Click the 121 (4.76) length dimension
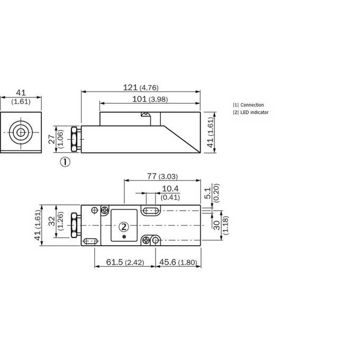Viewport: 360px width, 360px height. (141, 87)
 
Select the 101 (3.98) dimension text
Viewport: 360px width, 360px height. (150, 99)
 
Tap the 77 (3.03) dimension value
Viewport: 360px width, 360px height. (163, 176)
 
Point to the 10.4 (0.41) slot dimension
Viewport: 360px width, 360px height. (170, 193)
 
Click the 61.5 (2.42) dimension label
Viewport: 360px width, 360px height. (125, 262)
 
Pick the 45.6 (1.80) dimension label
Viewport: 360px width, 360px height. (178, 262)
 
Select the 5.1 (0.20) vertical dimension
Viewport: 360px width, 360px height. (212, 193)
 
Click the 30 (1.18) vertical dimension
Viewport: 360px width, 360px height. (221, 225)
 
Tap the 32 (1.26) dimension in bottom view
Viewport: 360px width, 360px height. (56, 221)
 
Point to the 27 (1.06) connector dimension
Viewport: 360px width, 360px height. (56, 139)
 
